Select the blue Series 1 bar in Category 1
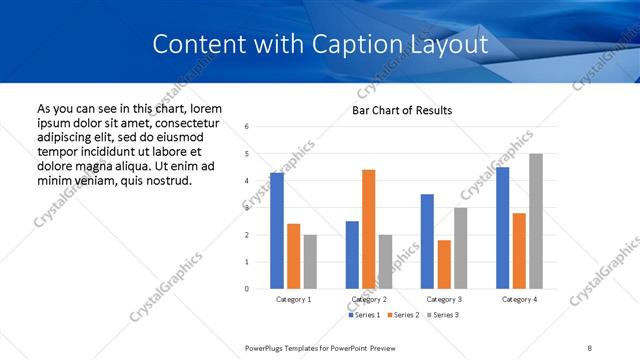[x=277, y=231]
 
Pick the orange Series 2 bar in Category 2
[x=368, y=229]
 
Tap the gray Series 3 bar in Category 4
[x=536, y=221]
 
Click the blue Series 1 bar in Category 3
[x=427, y=241]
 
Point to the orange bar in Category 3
[x=444, y=264]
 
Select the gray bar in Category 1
[x=310, y=262]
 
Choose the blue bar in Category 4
[x=502, y=228]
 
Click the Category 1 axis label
[x=294, y=299]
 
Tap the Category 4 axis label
[x=519, y=299]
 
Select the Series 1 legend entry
[x=367, y=316]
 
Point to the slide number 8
[x=590, y=347]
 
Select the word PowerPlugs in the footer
[x=266, y=347]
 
